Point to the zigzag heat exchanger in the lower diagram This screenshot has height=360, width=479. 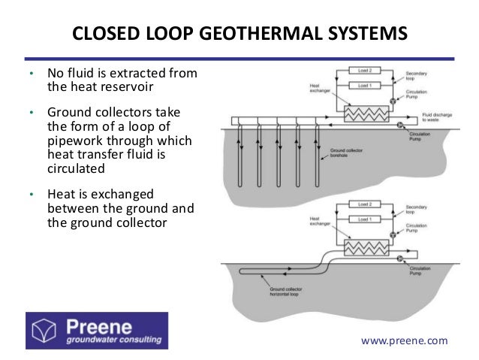363,248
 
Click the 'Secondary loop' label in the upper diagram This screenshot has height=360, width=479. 416,74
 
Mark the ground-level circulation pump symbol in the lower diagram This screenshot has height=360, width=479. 399,259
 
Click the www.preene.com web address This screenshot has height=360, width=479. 404,340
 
